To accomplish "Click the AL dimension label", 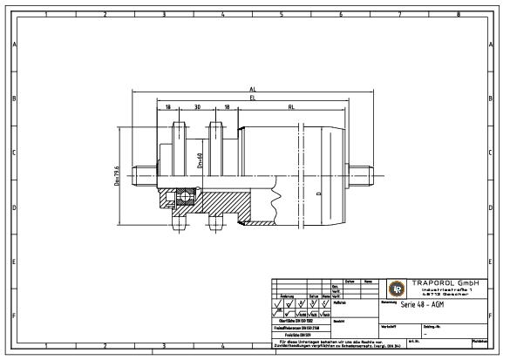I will point(253,89).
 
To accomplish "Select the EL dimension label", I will point(253,98).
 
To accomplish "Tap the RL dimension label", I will point(290,107).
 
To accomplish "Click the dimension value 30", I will point(198,107).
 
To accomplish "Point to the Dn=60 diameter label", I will point(200,160).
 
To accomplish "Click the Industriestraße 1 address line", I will point(445,289).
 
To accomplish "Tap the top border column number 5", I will point(282,15).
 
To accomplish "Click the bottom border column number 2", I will point(105,346).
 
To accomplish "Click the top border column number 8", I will point(459,15).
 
